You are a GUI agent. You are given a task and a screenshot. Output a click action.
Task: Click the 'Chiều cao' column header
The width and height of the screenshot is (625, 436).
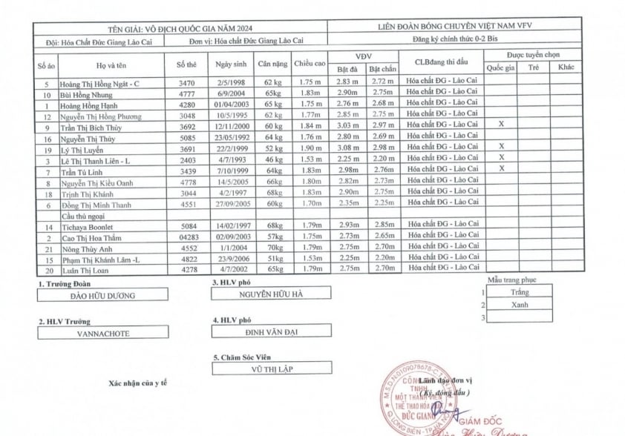click(309, 65)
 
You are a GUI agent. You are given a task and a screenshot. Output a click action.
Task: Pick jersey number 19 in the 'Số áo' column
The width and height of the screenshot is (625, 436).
click(47, 149)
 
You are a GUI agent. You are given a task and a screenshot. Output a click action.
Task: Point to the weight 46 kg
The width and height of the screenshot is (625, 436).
click(273, 159)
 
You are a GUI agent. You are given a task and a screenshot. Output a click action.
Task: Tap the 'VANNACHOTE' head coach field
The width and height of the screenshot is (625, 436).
click(103, 334)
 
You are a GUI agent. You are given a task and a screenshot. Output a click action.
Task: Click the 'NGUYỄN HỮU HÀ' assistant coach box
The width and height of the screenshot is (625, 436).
click(271, 294)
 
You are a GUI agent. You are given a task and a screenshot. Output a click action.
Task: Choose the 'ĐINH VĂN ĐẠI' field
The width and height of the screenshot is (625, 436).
click(271, 331)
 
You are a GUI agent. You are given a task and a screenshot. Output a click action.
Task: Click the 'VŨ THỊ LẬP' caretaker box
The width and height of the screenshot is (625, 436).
click(271, 368)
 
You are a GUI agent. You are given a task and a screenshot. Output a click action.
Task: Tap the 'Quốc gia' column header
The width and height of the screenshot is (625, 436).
click(501, 67)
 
